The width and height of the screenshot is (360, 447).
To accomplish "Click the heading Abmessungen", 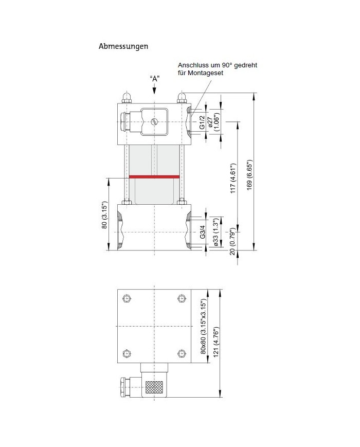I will click(x=123, y=46).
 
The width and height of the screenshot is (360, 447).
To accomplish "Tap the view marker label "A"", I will click(x=154, y=78).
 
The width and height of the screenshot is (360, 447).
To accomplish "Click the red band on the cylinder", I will click(x=154, y=176).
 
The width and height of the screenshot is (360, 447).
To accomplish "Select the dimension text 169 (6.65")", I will click(x=250, y=174).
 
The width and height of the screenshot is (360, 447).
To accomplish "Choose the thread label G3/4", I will click(x=202, y=233).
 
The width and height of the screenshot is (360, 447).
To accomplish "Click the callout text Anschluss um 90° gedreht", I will click(x=218, y=65).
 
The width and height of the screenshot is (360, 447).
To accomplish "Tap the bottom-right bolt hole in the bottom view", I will click(x=181, y=353).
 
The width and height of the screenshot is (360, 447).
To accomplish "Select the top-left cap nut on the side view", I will click(x=127, y=97).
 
